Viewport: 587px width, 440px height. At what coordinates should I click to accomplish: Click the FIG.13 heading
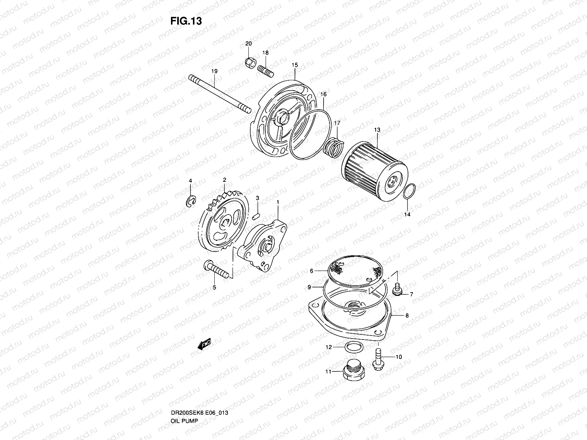[x=186, y=21]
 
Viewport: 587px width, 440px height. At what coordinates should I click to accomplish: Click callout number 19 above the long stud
[x=215, y=71]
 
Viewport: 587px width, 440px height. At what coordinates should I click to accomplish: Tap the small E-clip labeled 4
[x=191, y=201]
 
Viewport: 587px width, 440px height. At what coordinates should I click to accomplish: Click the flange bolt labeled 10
[x=377, y=358]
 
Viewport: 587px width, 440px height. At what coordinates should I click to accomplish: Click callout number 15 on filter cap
[x=295, y=65]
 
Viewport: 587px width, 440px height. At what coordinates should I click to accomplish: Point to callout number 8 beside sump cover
[x=406, y=315]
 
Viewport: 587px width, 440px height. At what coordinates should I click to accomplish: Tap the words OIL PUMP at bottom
[x=184, y=400]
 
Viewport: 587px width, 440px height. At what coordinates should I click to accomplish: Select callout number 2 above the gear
[x=224, y=180]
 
